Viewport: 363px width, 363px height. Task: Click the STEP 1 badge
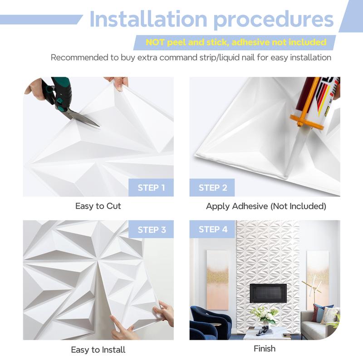(x=151, y=187)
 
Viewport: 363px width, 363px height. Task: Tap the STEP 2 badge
(x=212, y=187)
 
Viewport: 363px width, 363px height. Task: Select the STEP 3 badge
(x=151, y=229)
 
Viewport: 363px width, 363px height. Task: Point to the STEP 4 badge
(x=212, y=229)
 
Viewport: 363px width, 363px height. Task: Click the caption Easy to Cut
(x=98, y=206)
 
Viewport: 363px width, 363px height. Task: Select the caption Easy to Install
(x=98, y=349)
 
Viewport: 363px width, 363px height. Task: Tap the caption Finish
(x=265, y=348)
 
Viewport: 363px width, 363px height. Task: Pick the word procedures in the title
(x=274, y=20)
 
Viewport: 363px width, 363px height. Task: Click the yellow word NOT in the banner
(x=155, y=42)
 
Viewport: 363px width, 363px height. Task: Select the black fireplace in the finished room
(x=268, y=293)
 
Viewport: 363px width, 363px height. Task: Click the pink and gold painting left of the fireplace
(x=218, y=280)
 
